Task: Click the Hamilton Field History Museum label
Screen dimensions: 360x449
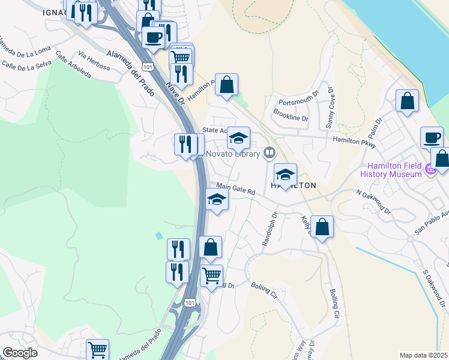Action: point(391,170)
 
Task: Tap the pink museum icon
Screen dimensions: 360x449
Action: point(430,170)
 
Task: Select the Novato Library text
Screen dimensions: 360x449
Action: point(233,154)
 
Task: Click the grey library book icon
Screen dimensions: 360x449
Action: point(270,154)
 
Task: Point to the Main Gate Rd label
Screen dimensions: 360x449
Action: point(236,189)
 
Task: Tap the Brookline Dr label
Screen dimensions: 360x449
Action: point(291,114)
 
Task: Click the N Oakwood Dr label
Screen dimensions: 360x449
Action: point(373,203)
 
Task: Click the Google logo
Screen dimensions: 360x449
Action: point(20,352)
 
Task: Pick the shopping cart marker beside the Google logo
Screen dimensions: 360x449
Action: point(97,349)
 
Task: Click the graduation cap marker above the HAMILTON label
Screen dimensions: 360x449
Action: point(286,174)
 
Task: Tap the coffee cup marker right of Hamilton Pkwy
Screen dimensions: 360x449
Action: point(432,137)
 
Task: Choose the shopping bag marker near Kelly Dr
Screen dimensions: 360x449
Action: point(322,227)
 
